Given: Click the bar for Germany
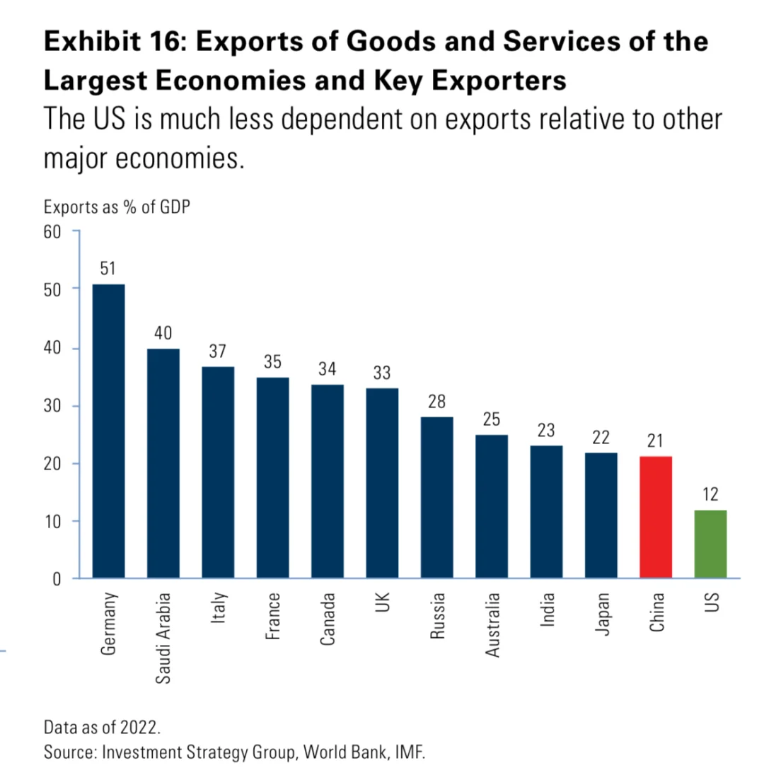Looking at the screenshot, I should [x=109, y=431].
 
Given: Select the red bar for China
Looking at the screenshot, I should [x=655, y=518].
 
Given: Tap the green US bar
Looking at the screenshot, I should [x=710, y=544].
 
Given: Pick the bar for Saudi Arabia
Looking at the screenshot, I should [x=163, y=464].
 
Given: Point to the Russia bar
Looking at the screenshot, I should [x=436, y=498].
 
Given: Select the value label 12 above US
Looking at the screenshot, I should [x=710, y=494].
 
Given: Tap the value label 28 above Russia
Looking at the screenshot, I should [x=436, y=401].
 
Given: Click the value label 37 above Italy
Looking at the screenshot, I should [x=218, y=351].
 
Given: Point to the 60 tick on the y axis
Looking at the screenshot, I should [x=54, y=231].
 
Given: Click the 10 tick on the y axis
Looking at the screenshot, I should [x=54, y=521].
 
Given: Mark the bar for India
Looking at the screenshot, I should [x=546, y=512].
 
